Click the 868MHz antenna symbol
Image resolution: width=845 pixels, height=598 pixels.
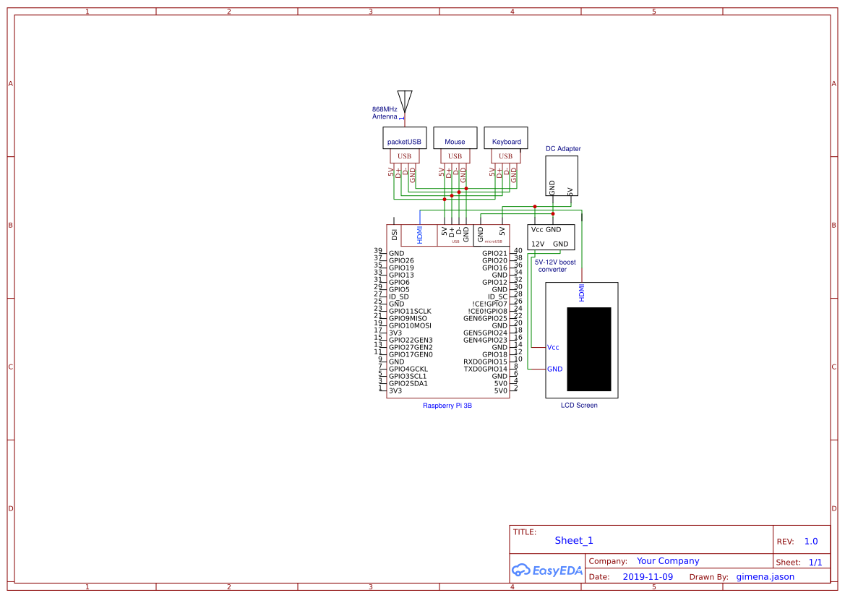pyautogui.click(x=405, y=101)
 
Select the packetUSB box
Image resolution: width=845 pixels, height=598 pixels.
pyautogui.click(x=404, y=139)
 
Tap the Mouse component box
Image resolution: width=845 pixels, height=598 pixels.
pyautogui.click(x=455, y=139)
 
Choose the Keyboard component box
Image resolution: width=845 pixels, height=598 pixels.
pyautogui.click(x=506, y=139)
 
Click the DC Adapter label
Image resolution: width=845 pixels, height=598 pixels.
pyautogui.click(x=563, y=149)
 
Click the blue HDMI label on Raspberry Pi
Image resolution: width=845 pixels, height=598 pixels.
pyautogui.click(x=419, y=234)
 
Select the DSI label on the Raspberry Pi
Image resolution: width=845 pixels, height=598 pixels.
pyautogui.click(x=394, y=234)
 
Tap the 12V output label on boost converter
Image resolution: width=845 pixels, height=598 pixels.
pyautogui.click(x=538, y=244)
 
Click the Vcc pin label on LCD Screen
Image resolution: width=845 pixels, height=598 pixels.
pyautogui.click(x=553, y=348)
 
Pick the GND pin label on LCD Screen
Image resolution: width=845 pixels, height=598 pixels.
pyautogui.click(x=554, y=369)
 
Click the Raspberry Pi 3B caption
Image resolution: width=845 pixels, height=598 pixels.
pyautogui.click(x=447, y=406)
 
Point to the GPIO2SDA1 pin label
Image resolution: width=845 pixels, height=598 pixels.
pyautogui.click(x=408, y=383)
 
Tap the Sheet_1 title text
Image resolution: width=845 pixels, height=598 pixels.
pyautogui.click(x=574, y=540)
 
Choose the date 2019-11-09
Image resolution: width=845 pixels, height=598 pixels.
pyautogui.click(x=648, y=577)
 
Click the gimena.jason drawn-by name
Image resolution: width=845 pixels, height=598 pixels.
pyautogui.click(x=765, y=577)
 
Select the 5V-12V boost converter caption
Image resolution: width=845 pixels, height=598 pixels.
pyautogui.click(x=555, y=265)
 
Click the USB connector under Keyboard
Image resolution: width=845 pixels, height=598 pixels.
pyautogui.click(x=505, y=156)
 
